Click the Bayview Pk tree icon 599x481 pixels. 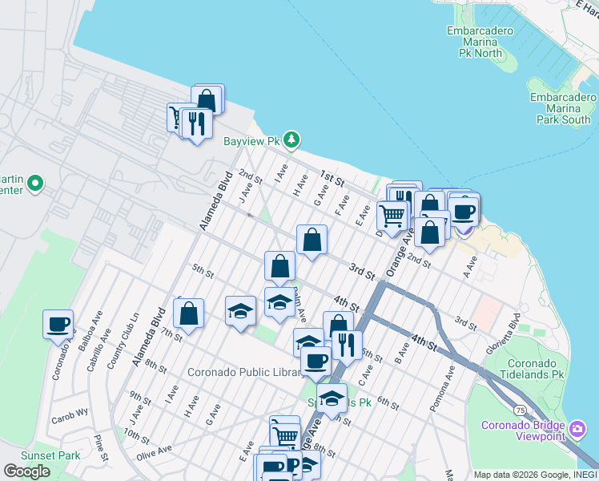pyautogui.click(x=292, y=140)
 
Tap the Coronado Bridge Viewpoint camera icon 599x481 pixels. pyautogui.click(x=577, y=430)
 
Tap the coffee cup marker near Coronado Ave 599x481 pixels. pyautogui.click(x=58, y=324)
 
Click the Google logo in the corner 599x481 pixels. pyautogui.click(x=27, y=471)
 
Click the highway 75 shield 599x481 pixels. pyautogui.click(x=521, y=410)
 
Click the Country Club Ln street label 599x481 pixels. pyautogui.click(x=123, y=348)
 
